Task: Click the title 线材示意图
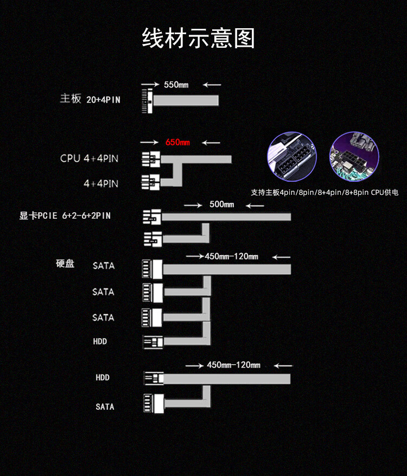click(x=198, y=38)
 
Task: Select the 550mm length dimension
click(x=176, y=85)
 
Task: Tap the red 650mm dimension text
click(x=177, y=142)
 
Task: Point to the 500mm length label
click(x=221, y=204)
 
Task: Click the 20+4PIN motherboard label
click(x=103, y=99)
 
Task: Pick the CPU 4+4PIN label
click(x=89, y=158)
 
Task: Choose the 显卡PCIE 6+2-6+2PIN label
click(x=65, y=215)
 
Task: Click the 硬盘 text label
click(x=65, y=263)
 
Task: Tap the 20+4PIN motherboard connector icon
click(x=147, y=100)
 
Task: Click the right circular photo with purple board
click(x=354, y=156)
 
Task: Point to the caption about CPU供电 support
click(x=325, y=193)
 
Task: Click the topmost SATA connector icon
click(x=152, y=269)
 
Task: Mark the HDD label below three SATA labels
click(x=100, y=341)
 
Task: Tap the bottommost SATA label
click(x=105, y=407)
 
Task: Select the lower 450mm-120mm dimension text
click(x=233, y=365)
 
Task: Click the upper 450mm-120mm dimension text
click(x=231, y=257)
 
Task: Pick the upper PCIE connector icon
click(x=152, y=217)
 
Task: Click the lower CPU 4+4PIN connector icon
click(x=150, y=182)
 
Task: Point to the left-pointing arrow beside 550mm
click(x=212, y=85)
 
